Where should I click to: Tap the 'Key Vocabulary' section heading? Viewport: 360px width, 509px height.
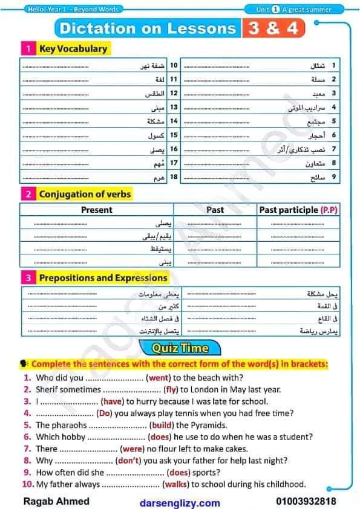point(73,48)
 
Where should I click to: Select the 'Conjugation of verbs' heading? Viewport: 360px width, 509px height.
point(85,194)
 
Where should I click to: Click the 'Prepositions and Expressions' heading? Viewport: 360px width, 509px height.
point(103,278)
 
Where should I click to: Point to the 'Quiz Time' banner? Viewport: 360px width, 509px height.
point(180,348)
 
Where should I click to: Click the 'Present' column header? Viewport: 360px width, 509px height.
point(97,210)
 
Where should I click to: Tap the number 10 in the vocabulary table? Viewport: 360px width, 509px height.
point(172,65)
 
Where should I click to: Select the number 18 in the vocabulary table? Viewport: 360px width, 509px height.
point(172,177)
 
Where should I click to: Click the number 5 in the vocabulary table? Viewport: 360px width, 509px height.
point(333,121)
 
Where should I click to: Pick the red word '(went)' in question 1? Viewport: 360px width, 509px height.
point(159,378)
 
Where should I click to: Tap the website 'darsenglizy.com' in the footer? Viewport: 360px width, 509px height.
point(180,502)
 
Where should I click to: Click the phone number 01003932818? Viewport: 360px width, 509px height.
point(306,502)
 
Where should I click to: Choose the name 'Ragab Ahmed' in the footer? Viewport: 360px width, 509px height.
point(56,502)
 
